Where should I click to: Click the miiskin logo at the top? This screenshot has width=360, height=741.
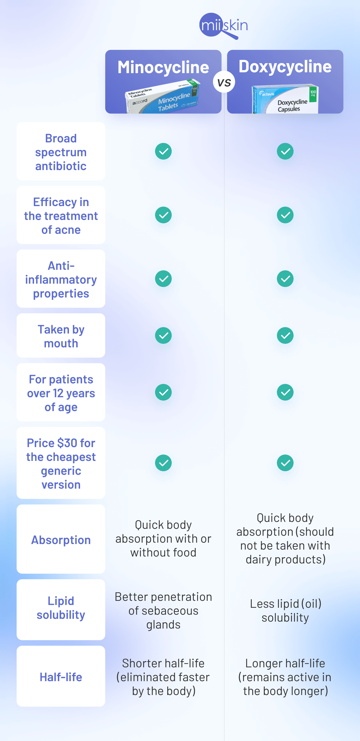click(223, 26)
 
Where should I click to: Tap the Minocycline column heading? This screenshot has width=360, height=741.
click(163, 67)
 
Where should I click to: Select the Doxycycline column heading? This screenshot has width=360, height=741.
click(285, 67)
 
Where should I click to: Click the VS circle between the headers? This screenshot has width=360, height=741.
click(224, 82)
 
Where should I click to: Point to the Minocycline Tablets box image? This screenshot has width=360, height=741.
click(163, 96)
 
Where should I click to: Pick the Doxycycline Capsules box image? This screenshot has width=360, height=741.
click(285, 99)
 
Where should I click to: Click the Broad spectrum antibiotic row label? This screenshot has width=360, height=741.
click(61, 152)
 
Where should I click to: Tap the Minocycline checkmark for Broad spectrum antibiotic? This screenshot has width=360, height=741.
click(163, 151)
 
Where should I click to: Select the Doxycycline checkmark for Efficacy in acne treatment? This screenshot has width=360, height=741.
click(285, 215)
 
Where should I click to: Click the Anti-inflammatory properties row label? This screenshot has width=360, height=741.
click(61, 279)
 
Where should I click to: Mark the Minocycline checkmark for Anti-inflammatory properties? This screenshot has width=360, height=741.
click(163, 278)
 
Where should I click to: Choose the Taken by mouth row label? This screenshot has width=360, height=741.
click(61, 336)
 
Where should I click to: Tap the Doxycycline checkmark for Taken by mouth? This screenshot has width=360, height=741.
click(285, 335)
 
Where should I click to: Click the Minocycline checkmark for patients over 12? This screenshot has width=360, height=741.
click(163, 392)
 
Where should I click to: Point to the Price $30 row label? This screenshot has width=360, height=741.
click(61, 463)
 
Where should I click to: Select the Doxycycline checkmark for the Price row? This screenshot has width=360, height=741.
click(285, 463)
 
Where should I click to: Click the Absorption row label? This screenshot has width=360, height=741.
click(61, 540)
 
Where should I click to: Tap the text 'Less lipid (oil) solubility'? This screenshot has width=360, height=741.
click(285, 611)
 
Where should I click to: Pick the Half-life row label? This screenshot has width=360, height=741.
click(61, 677)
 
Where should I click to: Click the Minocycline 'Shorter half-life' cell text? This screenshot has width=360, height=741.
click(163, 677)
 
